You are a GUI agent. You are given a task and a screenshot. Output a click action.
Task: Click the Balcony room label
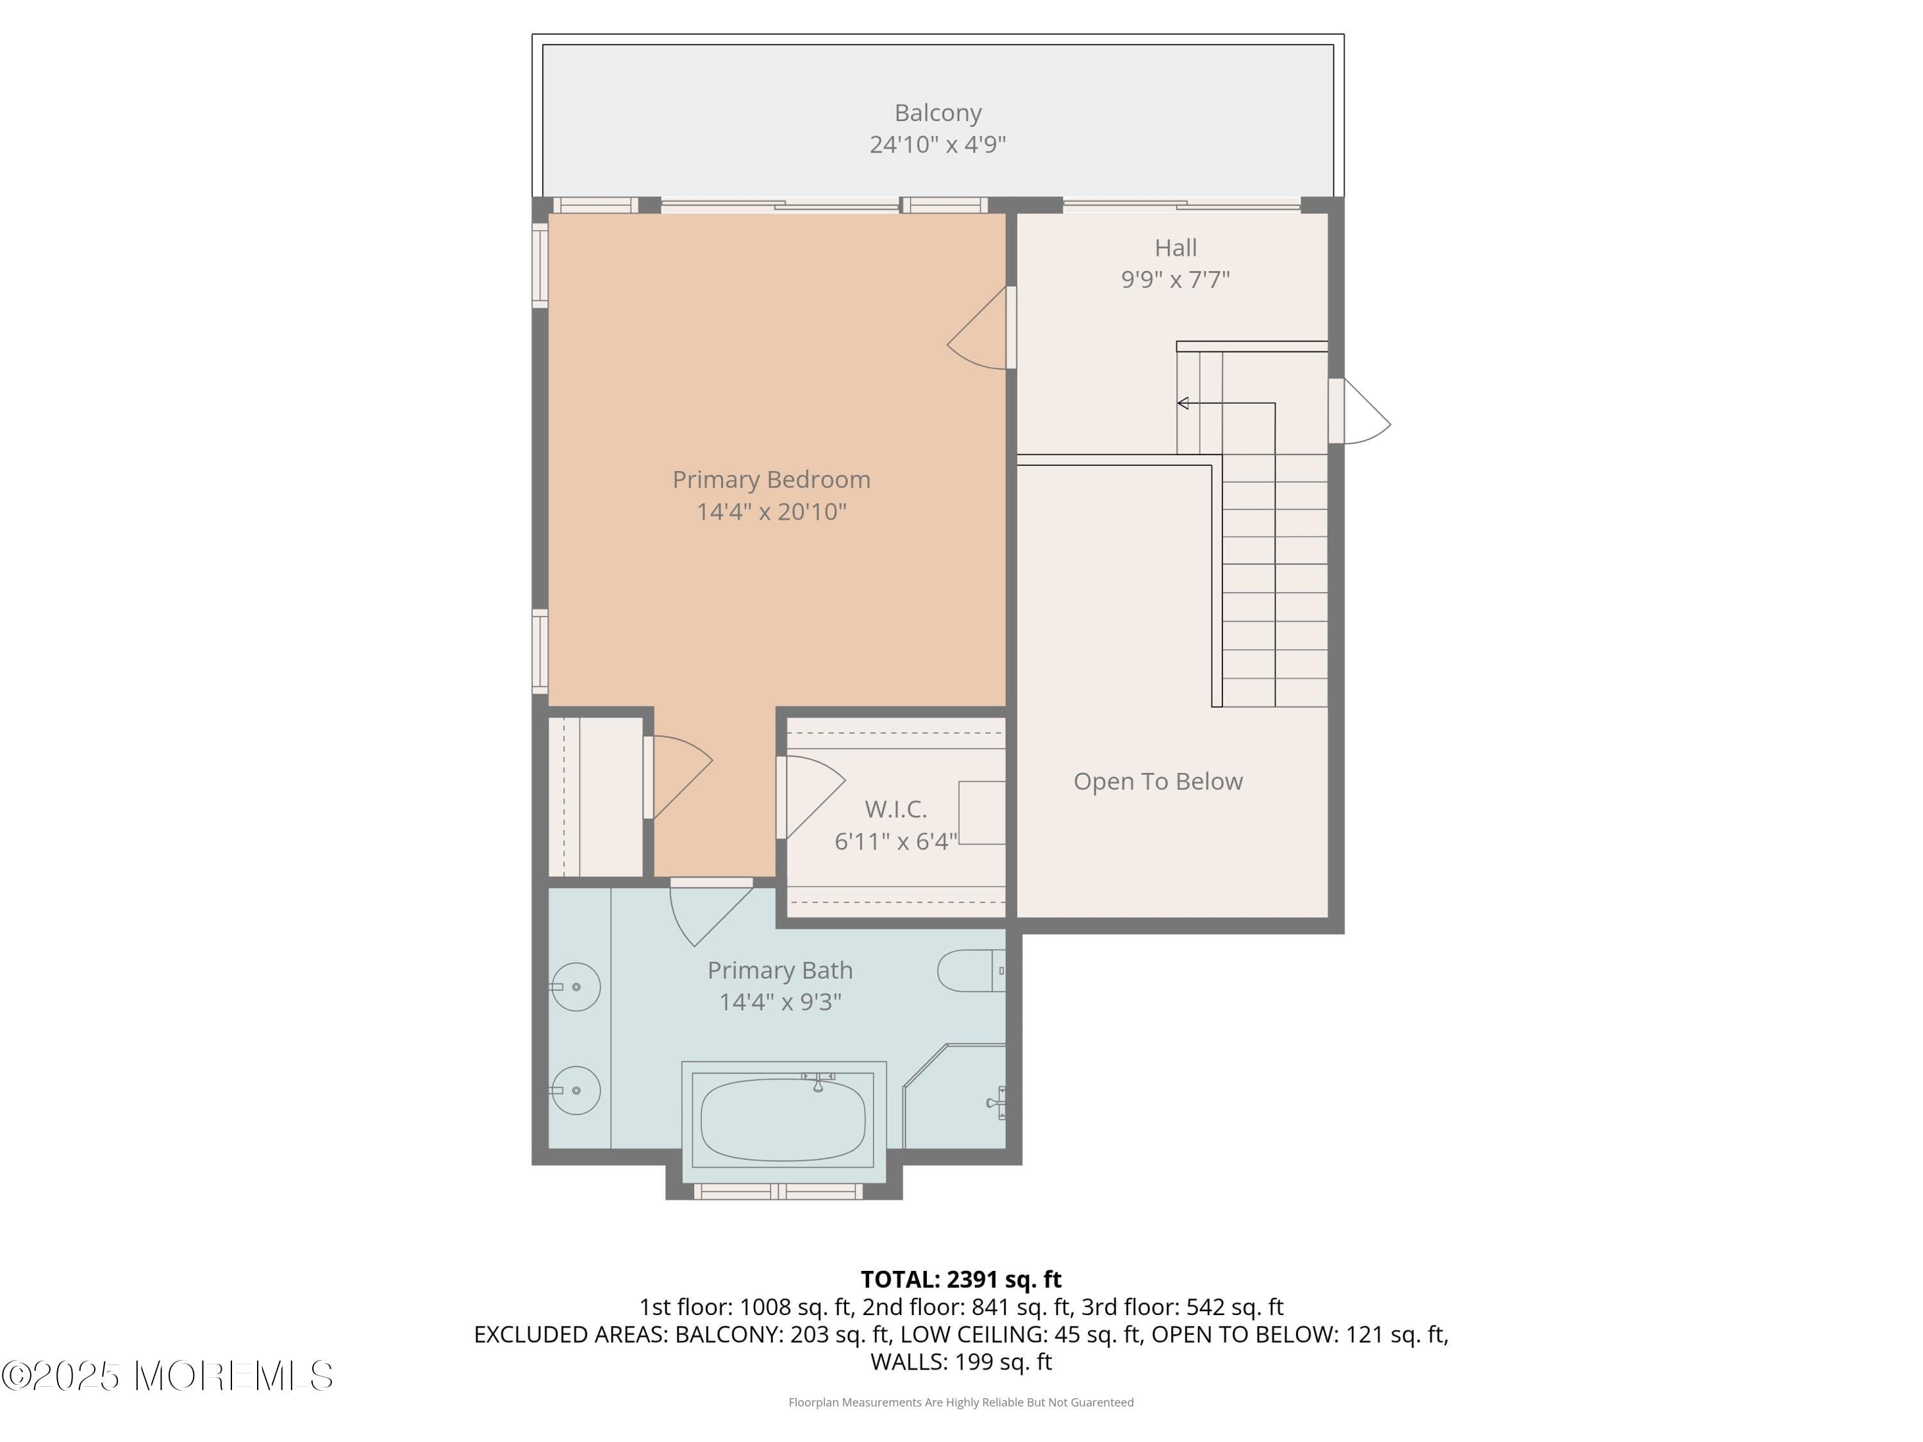(937, 113)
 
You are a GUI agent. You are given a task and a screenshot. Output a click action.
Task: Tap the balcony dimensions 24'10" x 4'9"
(937, 144)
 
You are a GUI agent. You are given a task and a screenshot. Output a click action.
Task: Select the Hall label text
(1176, 248)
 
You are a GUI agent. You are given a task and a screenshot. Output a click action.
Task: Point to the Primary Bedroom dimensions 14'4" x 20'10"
(771, 511)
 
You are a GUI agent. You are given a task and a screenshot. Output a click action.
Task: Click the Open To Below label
(1158, 781)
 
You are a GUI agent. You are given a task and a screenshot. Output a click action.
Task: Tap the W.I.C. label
(895, 809)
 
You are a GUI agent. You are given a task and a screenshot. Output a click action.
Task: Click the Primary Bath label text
(780, 970)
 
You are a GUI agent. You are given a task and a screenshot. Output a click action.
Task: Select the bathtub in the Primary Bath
(783, 1120)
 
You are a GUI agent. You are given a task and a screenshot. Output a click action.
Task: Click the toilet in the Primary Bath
(969, 971)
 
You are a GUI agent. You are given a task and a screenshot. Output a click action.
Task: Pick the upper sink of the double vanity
(576, 988)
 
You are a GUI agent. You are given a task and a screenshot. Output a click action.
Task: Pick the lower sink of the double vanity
(576, 1090)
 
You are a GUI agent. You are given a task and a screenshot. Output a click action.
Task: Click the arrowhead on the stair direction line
(1182, 403)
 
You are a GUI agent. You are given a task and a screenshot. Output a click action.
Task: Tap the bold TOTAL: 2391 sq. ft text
(961, 1279)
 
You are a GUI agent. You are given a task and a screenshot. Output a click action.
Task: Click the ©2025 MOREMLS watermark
(167, 1376)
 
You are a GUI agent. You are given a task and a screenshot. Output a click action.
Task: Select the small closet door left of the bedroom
(678, 776)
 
